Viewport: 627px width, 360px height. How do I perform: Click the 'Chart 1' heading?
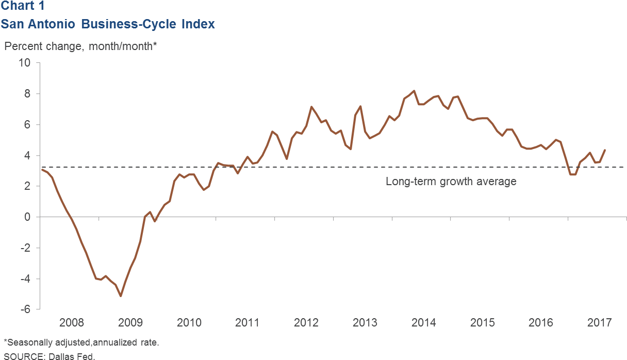pyautogui.click(x=22, y=6)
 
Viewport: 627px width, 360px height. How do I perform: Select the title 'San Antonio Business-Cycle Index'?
pyautogui.click(x=108, y=24)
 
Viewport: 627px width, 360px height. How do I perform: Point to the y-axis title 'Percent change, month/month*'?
pyautogui.click(x=80, y=46)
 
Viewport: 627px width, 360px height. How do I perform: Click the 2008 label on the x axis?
pyautogui.click(x=72, y=323)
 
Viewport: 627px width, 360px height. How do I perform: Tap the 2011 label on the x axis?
pyautogui.click(x=247, y=323)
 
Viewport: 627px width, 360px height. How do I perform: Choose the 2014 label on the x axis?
pyautogui.click(x=423, y=323)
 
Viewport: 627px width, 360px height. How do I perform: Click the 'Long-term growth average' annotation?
pyautogui.click(x=451, y=182)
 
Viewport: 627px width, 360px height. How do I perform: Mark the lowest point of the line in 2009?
pyautogui.click(x=121, y=296)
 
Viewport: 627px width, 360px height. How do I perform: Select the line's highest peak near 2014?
pyautogui.click(x=414, y=91)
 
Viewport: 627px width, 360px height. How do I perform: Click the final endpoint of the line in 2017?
pyautogui.click(x=605, y=150)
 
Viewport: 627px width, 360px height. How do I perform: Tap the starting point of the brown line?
pyautogui.click(x=42, y=170)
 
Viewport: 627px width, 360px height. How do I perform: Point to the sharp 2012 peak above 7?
pyautogui.click(x=311, y=107)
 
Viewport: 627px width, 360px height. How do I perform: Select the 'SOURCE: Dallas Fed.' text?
pyautogui.click(x=49, y=356)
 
